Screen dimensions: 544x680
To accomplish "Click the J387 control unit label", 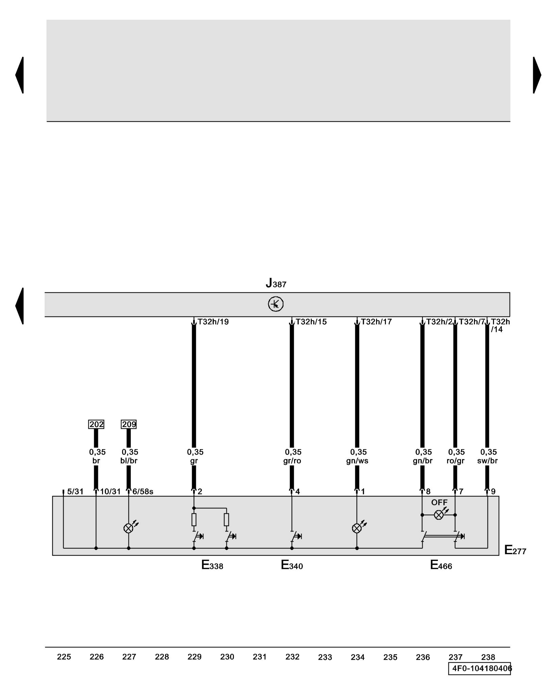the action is click(x=276, y=283).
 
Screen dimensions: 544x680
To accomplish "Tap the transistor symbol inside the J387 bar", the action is click(x=275, y=304).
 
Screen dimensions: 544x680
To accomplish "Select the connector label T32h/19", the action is click(x=213, y=322).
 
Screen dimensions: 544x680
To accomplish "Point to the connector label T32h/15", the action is click(x=311, y=322).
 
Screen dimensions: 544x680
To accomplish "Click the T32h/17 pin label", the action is click(x=376, y=322).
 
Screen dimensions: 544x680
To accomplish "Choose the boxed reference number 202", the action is click(x=96, y=424).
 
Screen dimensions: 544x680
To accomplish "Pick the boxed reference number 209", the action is click(x=129, y=424).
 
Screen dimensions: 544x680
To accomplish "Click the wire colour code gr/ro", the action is click(x=292, y=461).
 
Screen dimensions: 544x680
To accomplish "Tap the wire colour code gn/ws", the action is click(x=357, y=461).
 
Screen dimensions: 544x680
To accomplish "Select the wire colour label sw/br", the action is click(x=487, y=461).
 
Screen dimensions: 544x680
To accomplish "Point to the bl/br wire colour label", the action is click(x=129, y=461).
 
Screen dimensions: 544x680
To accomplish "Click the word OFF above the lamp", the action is click(x=439, y=502).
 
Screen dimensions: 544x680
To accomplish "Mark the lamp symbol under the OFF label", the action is click(x=439, y=515).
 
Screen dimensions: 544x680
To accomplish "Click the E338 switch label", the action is click(x=212, y=565).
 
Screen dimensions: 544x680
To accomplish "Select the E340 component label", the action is click(x=292, y=565).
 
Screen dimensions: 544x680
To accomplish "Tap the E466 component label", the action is click(x=441, y=565).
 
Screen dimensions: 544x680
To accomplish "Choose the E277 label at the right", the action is click(x=515, y=550).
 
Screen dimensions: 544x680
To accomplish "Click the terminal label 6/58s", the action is click(x=143, y=492).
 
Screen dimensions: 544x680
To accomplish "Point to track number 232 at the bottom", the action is click(x=292, y=657).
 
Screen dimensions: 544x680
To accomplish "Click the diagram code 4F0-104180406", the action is click(x=480, y=669).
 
